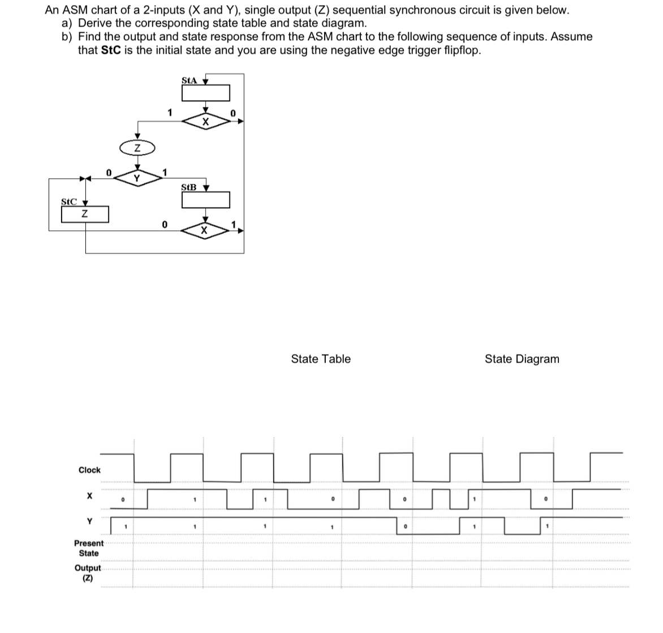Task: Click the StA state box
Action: pos(206,92)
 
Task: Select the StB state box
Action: pos(206,200)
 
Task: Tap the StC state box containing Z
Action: pos(85,214)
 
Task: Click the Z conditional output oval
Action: pos(136,148)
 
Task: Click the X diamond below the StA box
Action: pos(206,121)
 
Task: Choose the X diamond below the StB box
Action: pos(206,230)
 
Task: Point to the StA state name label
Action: pos(189,80)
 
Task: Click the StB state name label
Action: pos(189,187)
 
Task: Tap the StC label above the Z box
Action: pos(68,201)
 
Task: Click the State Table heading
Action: pos(321,359)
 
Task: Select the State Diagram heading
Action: pos(522,359)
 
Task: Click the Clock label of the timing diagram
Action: pos(89,470)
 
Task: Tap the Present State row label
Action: pos(89,548)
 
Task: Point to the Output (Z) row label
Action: pos(88,572)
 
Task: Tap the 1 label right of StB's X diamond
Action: pos(233,225)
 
